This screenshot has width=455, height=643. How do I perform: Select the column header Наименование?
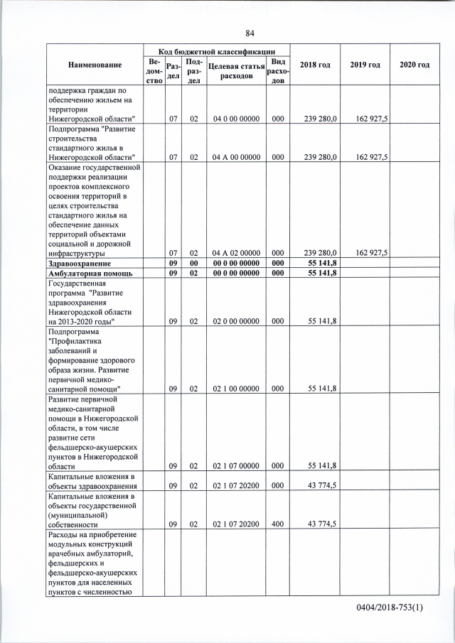95,65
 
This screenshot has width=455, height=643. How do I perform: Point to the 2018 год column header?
315,65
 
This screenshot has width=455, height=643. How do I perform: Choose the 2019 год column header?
365,65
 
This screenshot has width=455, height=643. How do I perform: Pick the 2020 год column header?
414,65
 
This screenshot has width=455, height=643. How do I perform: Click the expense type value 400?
278,524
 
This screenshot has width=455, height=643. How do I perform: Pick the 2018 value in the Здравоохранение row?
322,264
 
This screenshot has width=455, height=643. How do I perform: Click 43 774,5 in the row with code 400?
322,524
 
